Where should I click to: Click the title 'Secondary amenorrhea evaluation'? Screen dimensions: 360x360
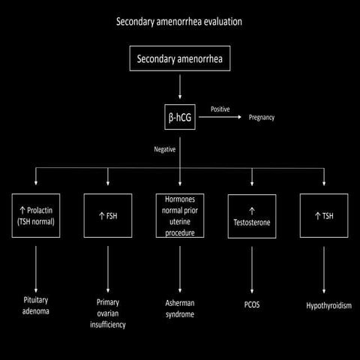(179, 21)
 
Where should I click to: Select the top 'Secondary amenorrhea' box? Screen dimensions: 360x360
(179, 57)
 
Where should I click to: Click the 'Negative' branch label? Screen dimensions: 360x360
(164, 149)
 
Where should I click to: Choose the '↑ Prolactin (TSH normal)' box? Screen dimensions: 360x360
(36, 216)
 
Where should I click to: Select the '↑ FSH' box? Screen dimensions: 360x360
(108, 216)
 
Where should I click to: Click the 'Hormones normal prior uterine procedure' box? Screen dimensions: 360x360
(180, 216)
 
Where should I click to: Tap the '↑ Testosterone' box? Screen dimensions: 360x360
(252, 216)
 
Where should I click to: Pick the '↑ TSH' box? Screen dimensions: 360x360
(324, 216)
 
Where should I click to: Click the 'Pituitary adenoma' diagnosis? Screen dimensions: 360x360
(36, 304)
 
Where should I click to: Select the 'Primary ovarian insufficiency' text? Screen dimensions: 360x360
(108, 313)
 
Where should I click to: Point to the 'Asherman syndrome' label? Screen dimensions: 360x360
(180, 308)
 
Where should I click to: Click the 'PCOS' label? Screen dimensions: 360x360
(252, 305)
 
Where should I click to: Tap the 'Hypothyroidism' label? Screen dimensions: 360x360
(324, 306)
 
